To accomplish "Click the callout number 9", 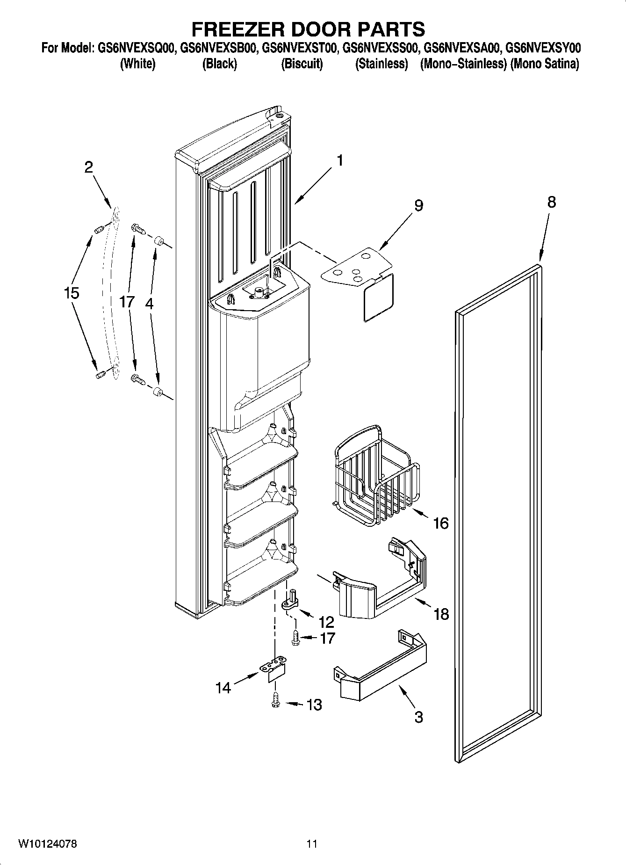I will tap(418, 205).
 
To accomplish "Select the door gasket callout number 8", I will tap(552, 202).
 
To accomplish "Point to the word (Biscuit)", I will tap(302, 64).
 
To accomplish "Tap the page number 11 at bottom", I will tap(312, 844).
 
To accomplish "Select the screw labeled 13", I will tap(275, 700).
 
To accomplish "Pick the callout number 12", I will tap(326, 622).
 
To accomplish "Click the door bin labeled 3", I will tap(381, 674).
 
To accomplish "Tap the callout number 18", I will tap(441, 613).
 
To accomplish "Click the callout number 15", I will tap(72, 293).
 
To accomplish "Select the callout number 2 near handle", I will tap(89, 167).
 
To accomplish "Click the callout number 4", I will tap(149, 303).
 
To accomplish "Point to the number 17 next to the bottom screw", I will tap(327, 638).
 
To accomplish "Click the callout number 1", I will tap(340, 160).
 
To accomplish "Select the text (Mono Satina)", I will tap(545, 64).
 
